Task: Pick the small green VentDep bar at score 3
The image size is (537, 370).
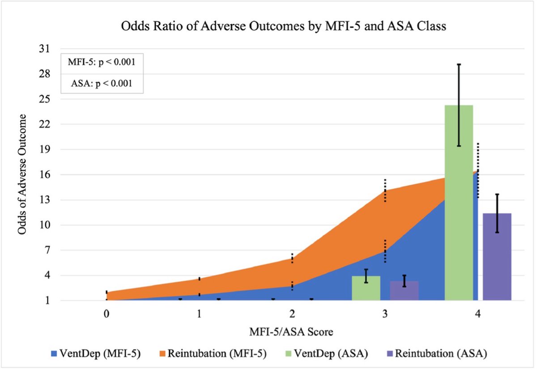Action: tap(366, 288)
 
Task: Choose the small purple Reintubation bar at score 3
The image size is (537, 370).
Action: tap(404, 291)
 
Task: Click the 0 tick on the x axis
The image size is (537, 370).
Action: tap(107, 314)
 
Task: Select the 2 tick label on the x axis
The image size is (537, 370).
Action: tap(292, 314)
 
